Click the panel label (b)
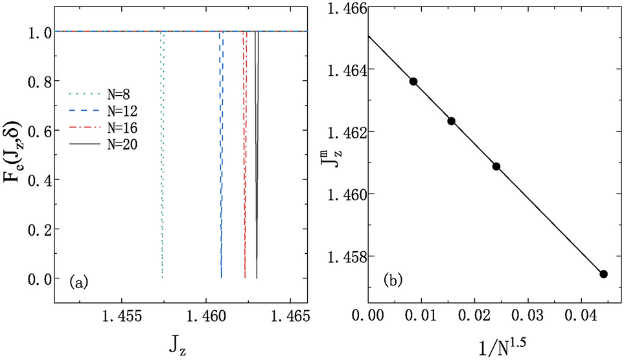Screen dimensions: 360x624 point(395,280)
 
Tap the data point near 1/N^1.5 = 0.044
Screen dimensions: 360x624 point(603,274)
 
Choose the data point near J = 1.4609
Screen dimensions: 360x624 point(496,166)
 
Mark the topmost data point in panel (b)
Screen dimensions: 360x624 point(413,81)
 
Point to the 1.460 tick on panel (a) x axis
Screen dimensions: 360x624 point(206,319)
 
